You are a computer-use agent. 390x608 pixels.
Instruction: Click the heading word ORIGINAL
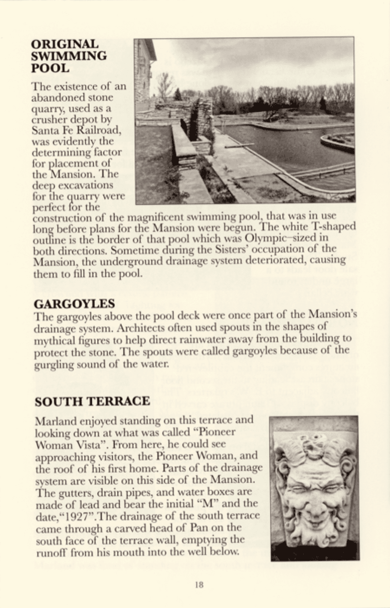(x=65, y=44)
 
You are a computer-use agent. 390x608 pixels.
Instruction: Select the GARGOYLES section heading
(x=75, y=303)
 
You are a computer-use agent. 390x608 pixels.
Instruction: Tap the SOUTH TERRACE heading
(x=92, y=401)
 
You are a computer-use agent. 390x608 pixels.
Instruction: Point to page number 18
(x=199, y=585)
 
